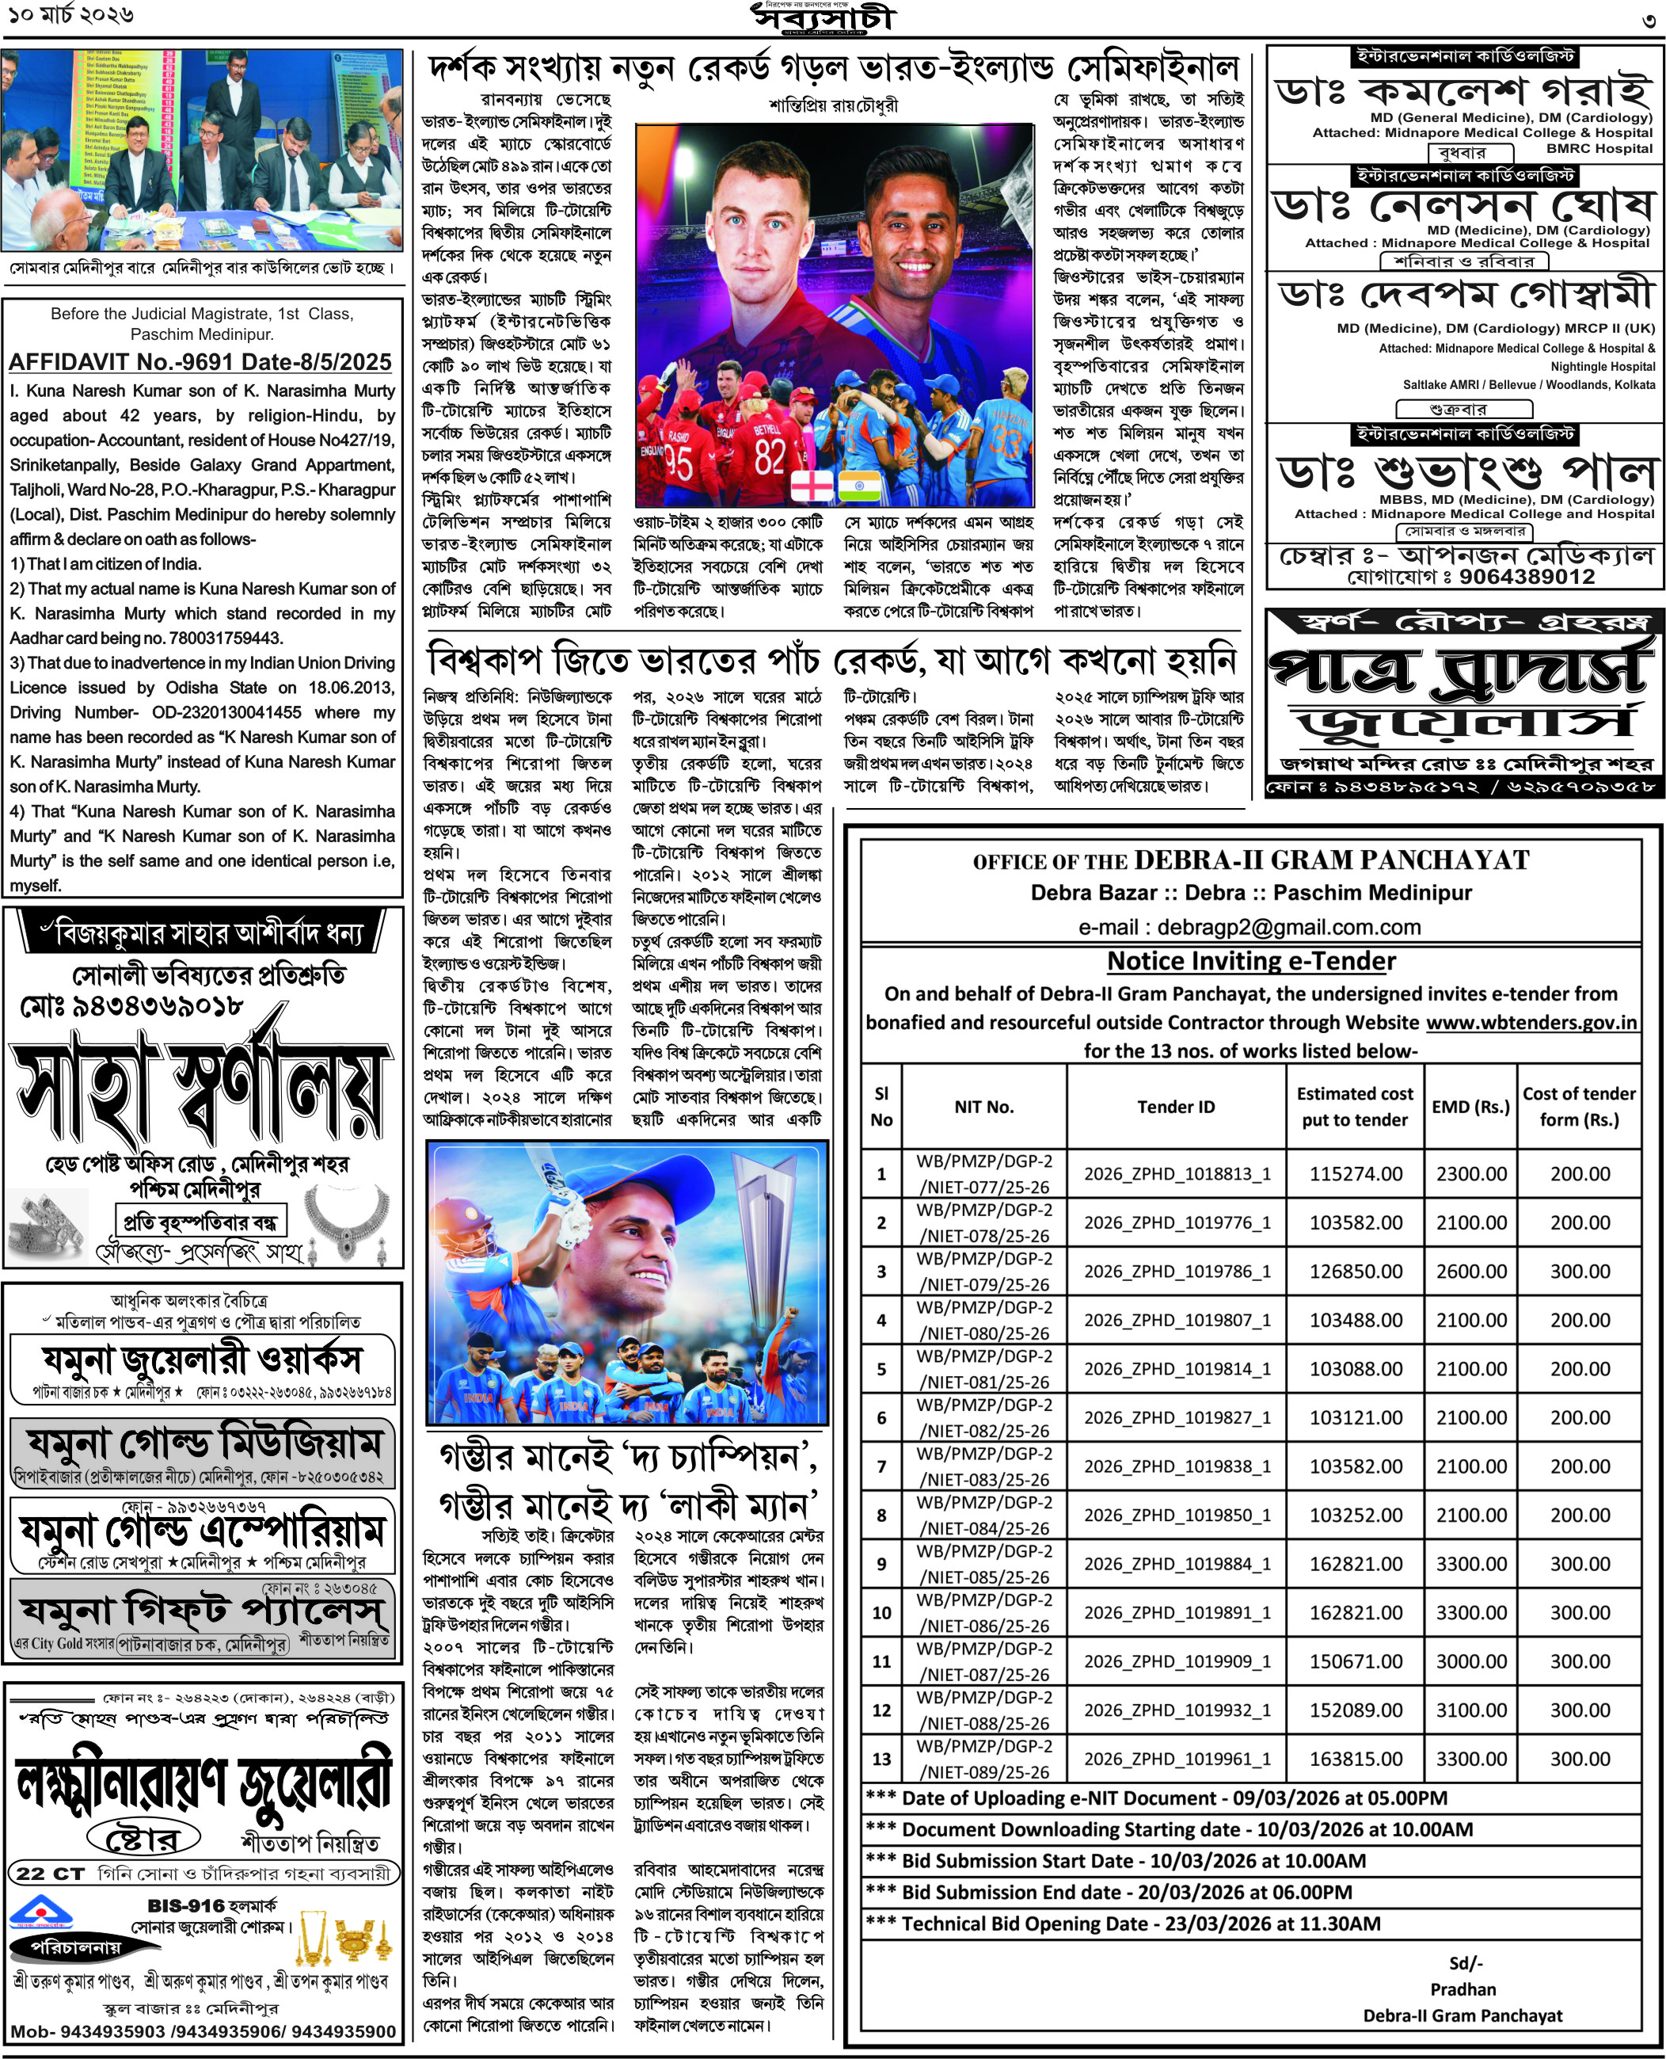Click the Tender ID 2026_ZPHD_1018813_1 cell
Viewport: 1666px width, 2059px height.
click(x=1177, y=1174)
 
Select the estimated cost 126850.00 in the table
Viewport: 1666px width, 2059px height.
click(x=1355, y=1271)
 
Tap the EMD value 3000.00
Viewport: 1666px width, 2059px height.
click(x=1471, y=1661)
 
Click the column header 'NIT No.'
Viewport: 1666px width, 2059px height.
click(x=983, y=1107)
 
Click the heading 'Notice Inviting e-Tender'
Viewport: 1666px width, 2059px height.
click(x=1251, y=961)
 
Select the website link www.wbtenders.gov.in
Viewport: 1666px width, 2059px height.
click(x=1531, y=1022)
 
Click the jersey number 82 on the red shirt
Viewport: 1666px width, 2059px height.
click(x=770, y=457)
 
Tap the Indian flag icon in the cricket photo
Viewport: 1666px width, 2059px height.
click(x=859, y=486)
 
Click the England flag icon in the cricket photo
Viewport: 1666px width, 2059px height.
click(x=811, y=486)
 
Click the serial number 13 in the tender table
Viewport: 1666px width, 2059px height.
click(x=881, y=1759)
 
